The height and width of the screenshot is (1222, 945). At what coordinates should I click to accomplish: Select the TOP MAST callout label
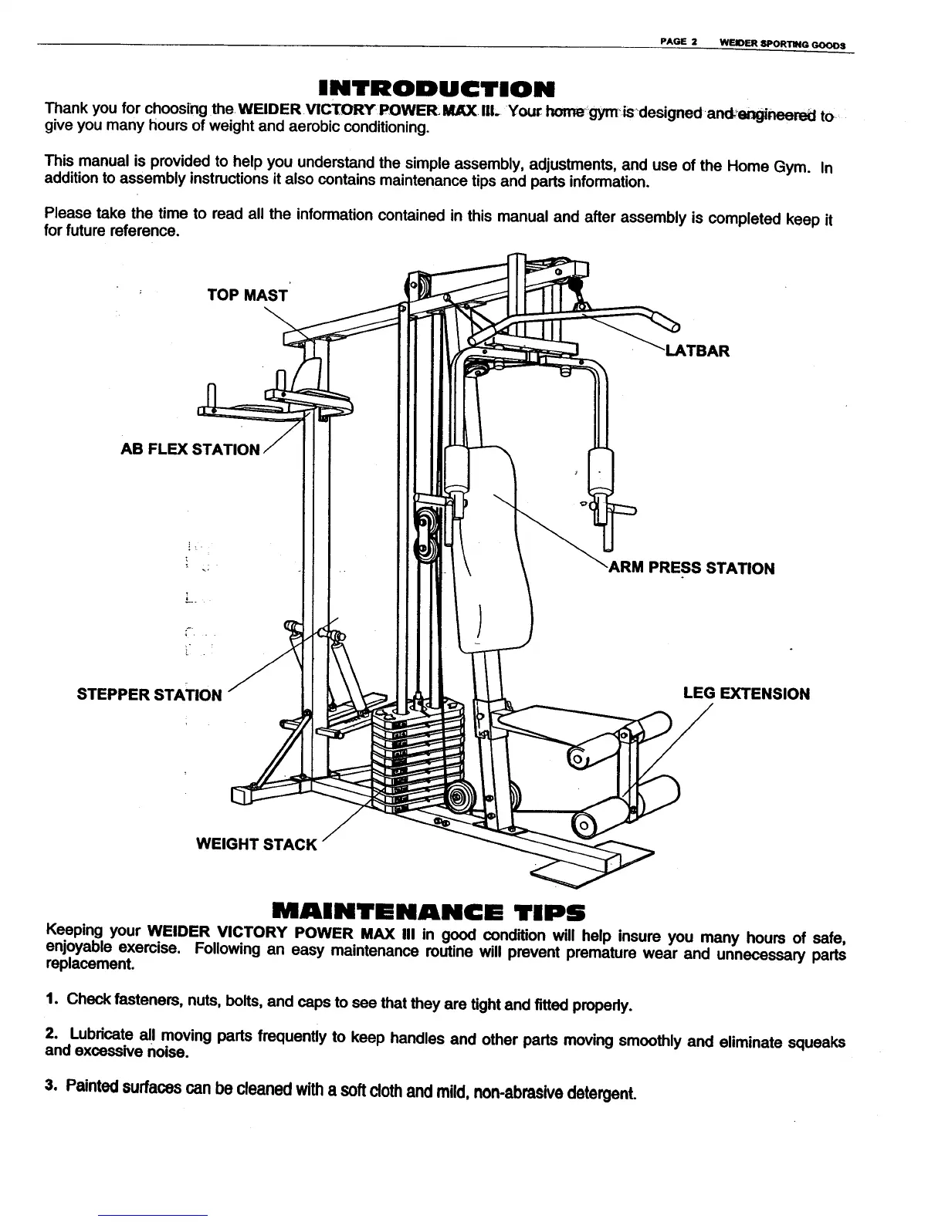(x=247, y=295)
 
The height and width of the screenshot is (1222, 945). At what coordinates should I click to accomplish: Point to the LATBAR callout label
(x=696, y=352)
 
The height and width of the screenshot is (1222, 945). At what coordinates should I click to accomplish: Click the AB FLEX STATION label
(x=191, y=449)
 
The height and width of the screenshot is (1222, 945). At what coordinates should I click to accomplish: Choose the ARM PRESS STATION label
(x=692, y=569)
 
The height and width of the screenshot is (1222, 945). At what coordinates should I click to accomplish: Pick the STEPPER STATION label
(x=150, y=694)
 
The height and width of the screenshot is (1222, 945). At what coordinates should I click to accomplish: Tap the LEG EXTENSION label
(x=747, y=694)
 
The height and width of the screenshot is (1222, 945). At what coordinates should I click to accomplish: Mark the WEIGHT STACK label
(x=256, y=843)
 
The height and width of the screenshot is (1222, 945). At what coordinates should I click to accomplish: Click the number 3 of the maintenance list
(x=50, y=1085)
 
